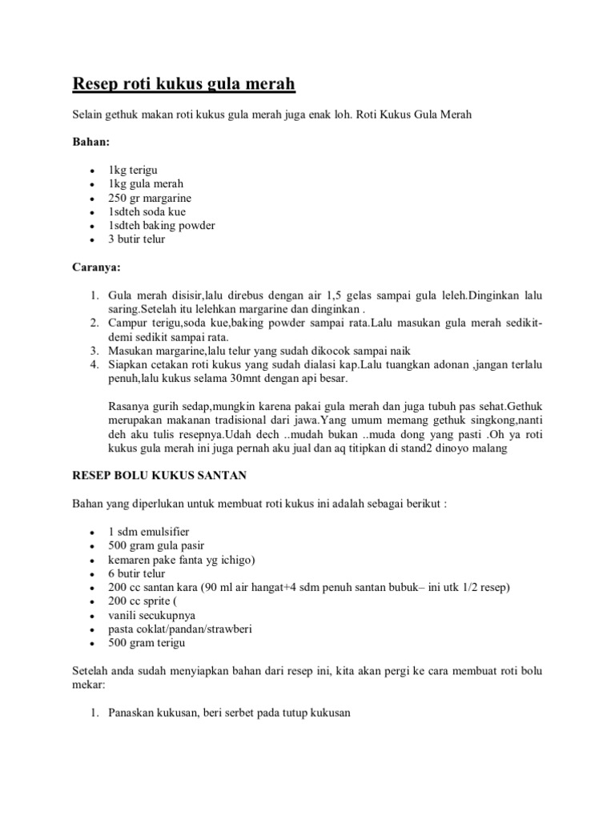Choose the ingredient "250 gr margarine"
coord(150,199)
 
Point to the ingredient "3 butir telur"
coord(137,239)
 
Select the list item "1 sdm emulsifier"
coord(149,532)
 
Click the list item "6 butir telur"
coord(137,573)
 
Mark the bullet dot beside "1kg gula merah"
coord(94,185)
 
